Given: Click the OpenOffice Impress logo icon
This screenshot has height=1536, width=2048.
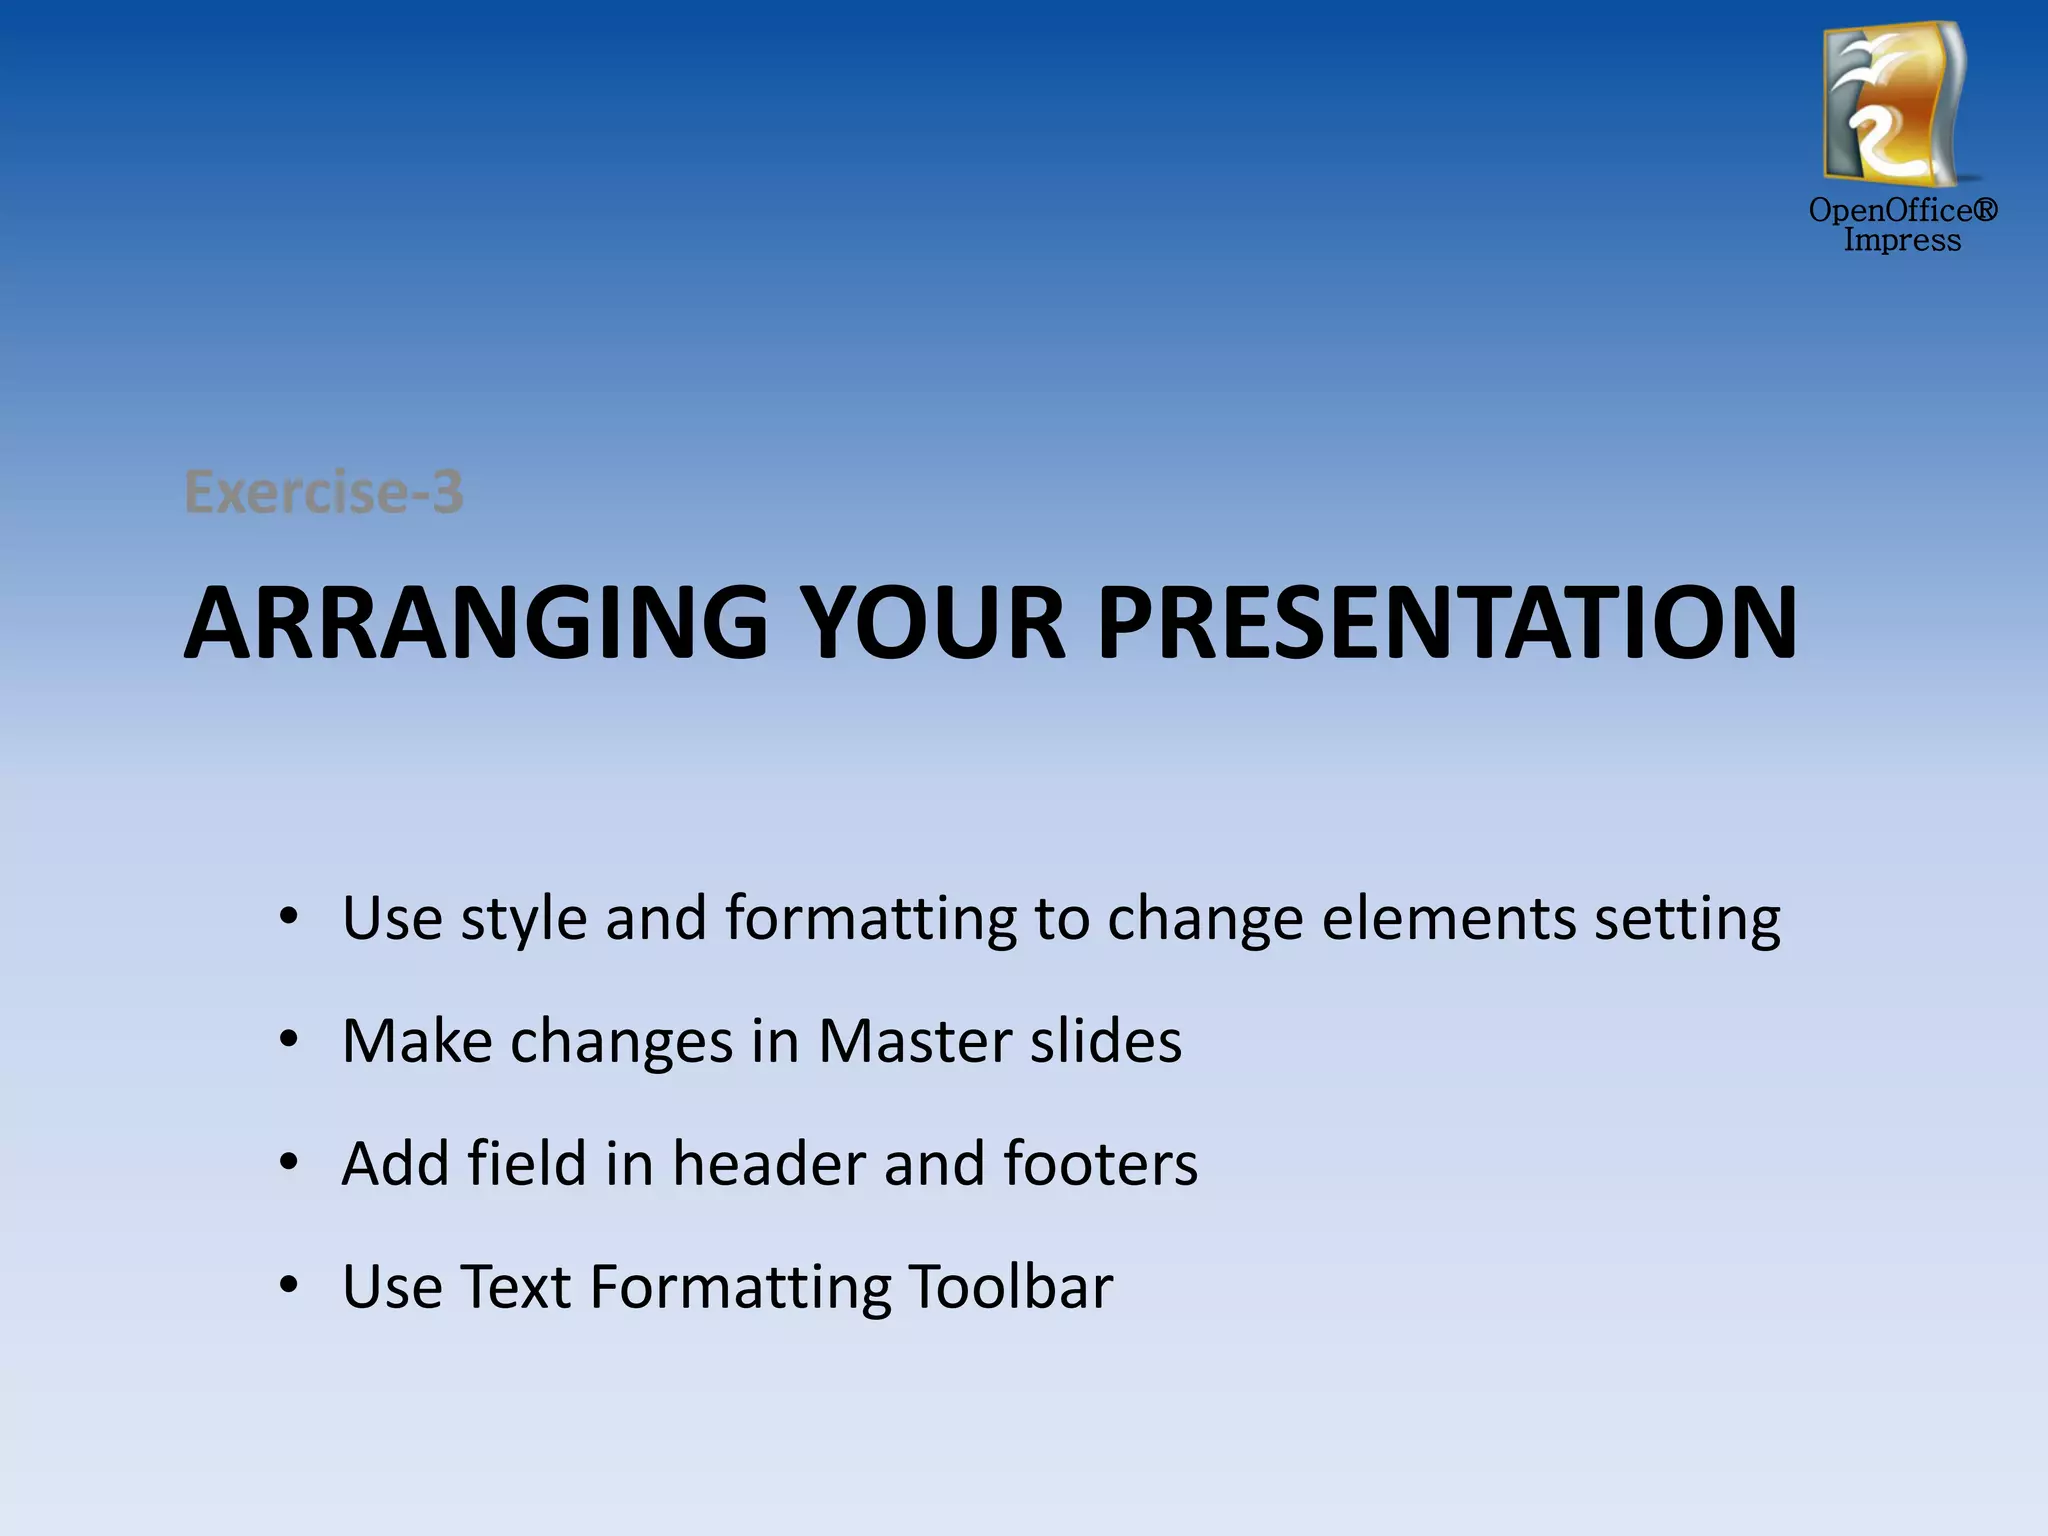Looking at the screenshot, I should tap(1894, 104).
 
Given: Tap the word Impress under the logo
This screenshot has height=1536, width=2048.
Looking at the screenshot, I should tap(1902, 241).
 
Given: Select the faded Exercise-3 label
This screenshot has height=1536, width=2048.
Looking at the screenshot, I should tap(324, 492).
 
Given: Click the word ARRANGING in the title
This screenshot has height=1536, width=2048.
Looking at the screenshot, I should tap(476, 623).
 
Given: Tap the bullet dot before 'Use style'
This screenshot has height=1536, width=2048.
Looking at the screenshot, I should tap(289, 916).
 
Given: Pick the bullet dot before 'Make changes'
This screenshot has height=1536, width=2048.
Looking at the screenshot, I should tap(289, 1040).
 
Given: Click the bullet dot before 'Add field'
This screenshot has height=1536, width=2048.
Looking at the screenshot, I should tap(289, 1162).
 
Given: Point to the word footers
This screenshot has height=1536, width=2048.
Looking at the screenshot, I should tap(1100, 1163).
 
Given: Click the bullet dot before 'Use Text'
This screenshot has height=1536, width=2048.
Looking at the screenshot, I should tap(289, 1285).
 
